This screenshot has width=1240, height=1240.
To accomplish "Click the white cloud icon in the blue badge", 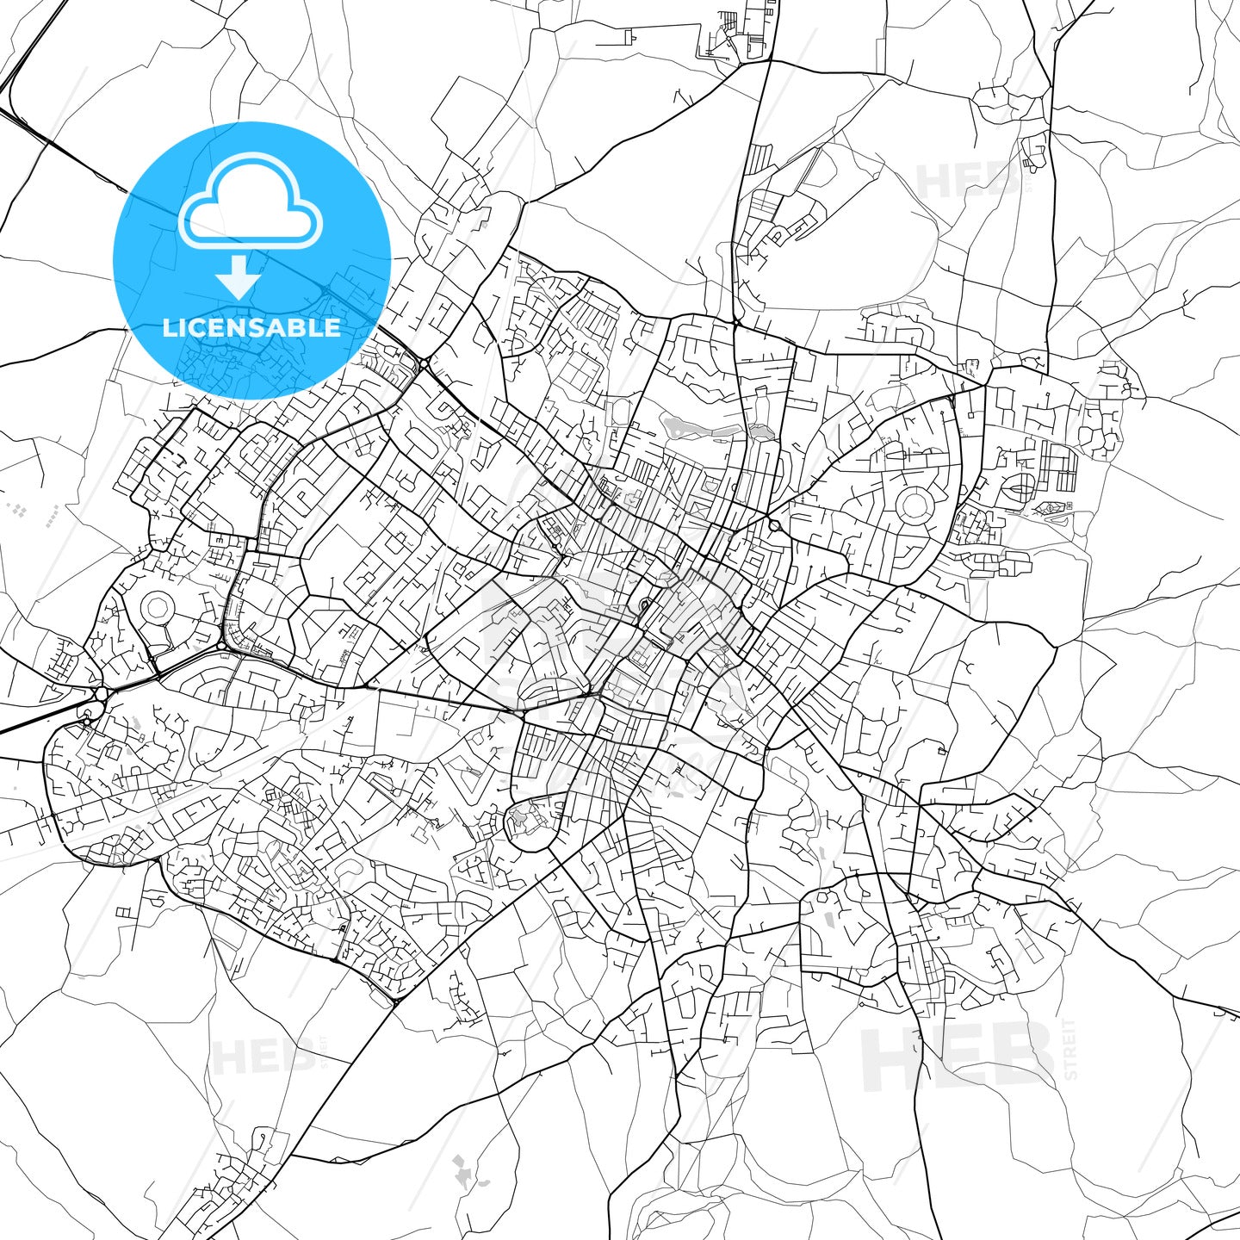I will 251,203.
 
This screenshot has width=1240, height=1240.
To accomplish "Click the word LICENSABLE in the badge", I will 251,327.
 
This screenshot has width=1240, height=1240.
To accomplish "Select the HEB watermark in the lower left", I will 263,1057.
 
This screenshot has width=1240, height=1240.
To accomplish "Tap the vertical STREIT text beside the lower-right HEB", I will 1070,1049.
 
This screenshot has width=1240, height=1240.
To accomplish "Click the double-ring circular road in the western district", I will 156,606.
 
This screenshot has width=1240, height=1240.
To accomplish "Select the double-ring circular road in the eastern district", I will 914,503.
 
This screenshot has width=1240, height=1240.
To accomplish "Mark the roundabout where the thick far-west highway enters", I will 102,694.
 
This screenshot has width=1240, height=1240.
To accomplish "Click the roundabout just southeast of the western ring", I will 222,646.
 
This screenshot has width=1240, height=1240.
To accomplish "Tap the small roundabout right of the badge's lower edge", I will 422,365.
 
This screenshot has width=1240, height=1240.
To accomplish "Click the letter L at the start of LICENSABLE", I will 169,327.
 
